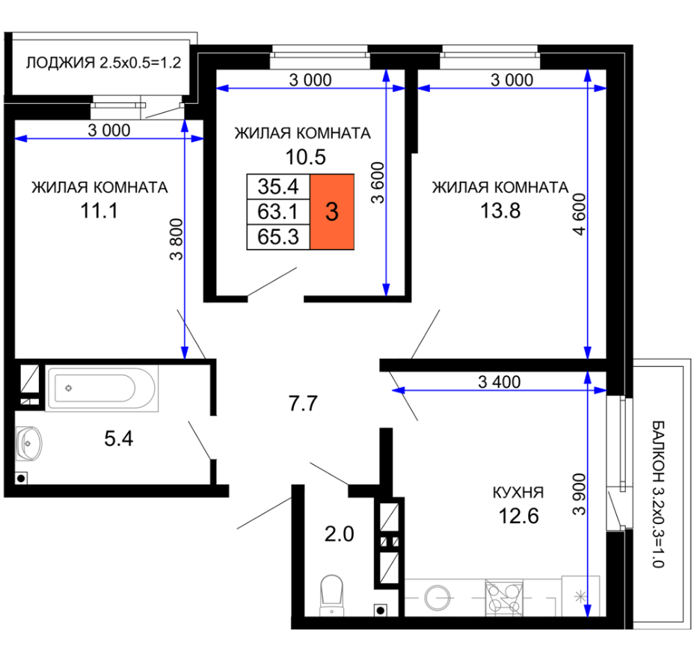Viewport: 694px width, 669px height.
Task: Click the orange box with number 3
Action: pos(332,212)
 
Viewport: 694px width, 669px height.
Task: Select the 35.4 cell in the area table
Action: pos(278,187)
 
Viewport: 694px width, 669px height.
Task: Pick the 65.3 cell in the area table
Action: pos(278,237)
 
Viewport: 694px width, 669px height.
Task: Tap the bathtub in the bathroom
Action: pos(102,389)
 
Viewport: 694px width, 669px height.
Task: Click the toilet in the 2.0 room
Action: pos(332,595)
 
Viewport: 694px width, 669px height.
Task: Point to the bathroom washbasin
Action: pos(28,443)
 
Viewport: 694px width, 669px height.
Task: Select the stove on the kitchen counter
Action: pos(504,598)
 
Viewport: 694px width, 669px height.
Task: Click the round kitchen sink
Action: pos(437,598)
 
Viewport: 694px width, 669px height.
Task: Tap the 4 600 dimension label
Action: pos(579,214)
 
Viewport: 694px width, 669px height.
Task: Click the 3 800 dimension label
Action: pos(176,239)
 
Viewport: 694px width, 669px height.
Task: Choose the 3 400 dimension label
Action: pos(500,382)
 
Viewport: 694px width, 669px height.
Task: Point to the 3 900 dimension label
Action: pos(579,494)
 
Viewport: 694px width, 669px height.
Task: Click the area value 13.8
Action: pos(500,211)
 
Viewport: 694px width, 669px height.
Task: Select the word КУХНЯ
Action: pos(518,493)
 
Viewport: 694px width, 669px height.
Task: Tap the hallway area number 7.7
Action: pos(303,404)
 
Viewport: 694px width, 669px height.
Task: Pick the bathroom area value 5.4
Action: pos(119,439)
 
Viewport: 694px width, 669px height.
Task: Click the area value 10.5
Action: pos(305,157)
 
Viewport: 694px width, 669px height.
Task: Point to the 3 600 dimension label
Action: pos(378,182)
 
